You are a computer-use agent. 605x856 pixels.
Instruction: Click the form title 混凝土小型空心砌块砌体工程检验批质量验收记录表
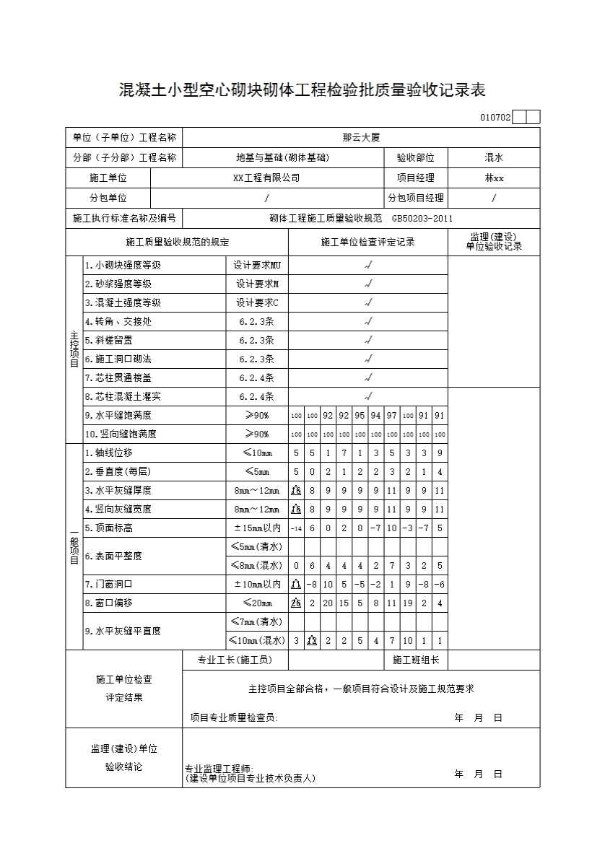[302, 90]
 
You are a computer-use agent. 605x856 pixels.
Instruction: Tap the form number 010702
[495, 118]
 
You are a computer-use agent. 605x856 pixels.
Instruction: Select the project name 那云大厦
[361, 137]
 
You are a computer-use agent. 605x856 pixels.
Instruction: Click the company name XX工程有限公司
[266, 178]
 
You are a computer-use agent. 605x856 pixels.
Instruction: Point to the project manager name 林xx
[494, 178]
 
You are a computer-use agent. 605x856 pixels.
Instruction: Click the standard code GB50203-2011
[422, 219]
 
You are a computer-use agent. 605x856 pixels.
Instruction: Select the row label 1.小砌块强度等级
[123, 266]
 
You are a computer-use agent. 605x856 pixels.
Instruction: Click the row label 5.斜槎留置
[109, 340]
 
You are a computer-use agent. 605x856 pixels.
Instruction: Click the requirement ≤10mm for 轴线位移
[256, 453]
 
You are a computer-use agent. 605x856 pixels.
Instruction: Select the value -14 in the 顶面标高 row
[296, 528]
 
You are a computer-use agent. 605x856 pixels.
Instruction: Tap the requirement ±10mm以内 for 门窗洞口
[256, 584]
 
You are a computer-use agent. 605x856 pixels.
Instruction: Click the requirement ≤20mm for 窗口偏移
[256, 603]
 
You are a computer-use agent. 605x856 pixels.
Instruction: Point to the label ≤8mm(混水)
[256, 565]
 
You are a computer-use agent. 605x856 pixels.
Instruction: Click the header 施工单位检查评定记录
[367, 242]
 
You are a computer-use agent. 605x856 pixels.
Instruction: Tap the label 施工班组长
[416, 660]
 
